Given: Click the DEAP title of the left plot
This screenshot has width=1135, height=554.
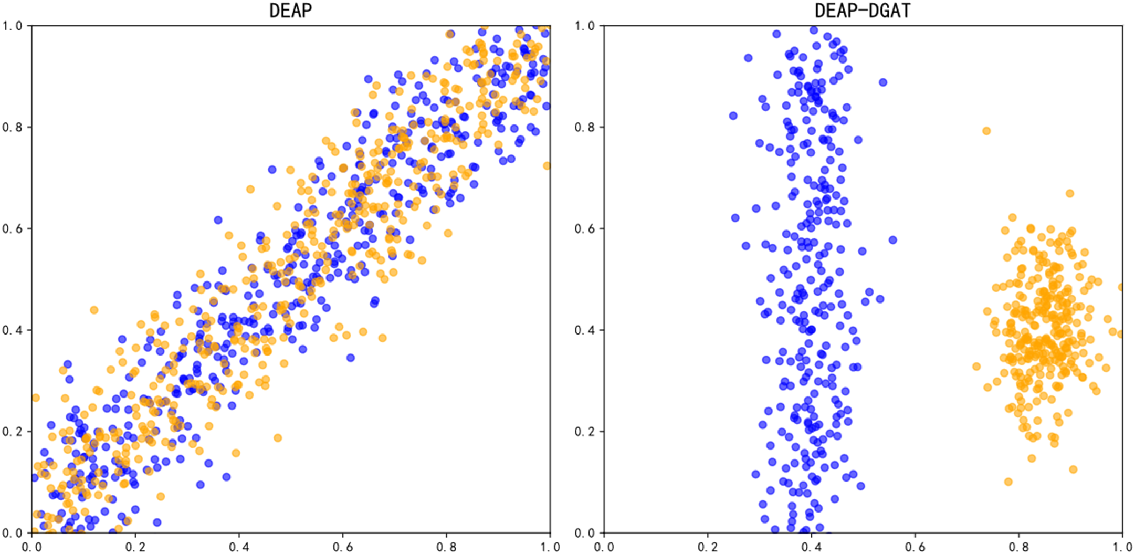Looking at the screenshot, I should tap(290, 11).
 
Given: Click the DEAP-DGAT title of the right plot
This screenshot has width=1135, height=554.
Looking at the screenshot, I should tap(863, 11).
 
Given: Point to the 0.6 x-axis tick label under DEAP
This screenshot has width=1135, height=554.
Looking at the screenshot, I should tap(343, 547).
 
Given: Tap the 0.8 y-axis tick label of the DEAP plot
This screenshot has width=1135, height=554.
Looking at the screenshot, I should tap(13, 127).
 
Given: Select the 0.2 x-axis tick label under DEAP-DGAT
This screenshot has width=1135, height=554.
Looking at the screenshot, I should tap(708, 547).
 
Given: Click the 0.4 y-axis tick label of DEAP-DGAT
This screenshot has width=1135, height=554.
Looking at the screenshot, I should tap(585, 330).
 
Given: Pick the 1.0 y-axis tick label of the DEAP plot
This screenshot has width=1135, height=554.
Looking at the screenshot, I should tap(13, 26).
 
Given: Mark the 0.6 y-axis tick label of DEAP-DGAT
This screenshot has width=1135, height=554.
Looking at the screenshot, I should tap(585, 229).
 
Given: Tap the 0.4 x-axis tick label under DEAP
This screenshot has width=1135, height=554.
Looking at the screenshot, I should tap(239, 547).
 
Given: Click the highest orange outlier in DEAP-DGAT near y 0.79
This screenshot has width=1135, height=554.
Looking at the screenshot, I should tap(986, 131).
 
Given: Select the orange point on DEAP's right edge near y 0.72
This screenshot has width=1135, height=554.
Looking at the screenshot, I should tap(547, 166).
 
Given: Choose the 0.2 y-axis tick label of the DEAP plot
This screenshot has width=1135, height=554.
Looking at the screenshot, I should tap(13, 432).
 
